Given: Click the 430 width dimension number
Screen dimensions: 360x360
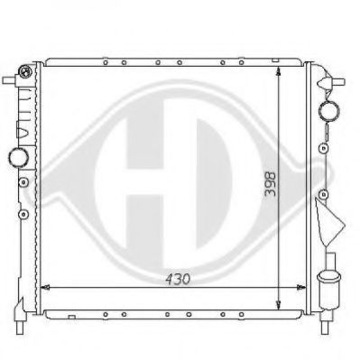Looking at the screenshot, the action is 178,279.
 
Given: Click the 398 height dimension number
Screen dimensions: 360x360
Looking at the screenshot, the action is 270,184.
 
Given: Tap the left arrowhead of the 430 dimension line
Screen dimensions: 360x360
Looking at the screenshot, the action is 45,288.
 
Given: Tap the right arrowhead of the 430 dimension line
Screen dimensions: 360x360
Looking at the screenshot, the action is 301,288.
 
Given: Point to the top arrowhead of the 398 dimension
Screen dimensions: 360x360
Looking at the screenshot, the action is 279,71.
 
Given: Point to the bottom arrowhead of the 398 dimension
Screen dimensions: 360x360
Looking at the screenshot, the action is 279,305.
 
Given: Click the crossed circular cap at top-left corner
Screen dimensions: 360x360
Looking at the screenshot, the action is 25,71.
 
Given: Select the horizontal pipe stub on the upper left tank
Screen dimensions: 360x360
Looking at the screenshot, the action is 9,80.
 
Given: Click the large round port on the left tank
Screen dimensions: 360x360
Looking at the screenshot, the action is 19,157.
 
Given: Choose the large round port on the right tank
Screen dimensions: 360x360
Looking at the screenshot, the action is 328,110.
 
